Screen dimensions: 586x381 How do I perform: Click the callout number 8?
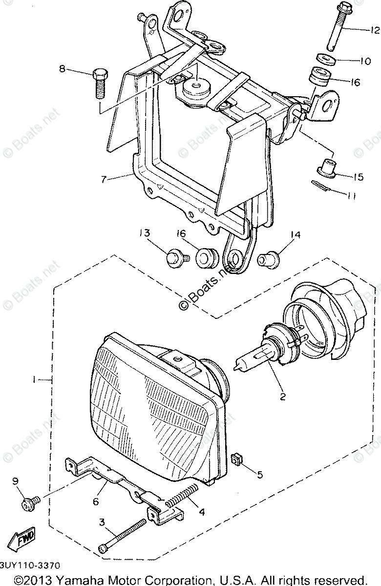(62, 69)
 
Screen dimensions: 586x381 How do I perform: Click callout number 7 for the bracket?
(103, 179)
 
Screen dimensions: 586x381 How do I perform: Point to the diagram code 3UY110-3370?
(30, 565)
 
